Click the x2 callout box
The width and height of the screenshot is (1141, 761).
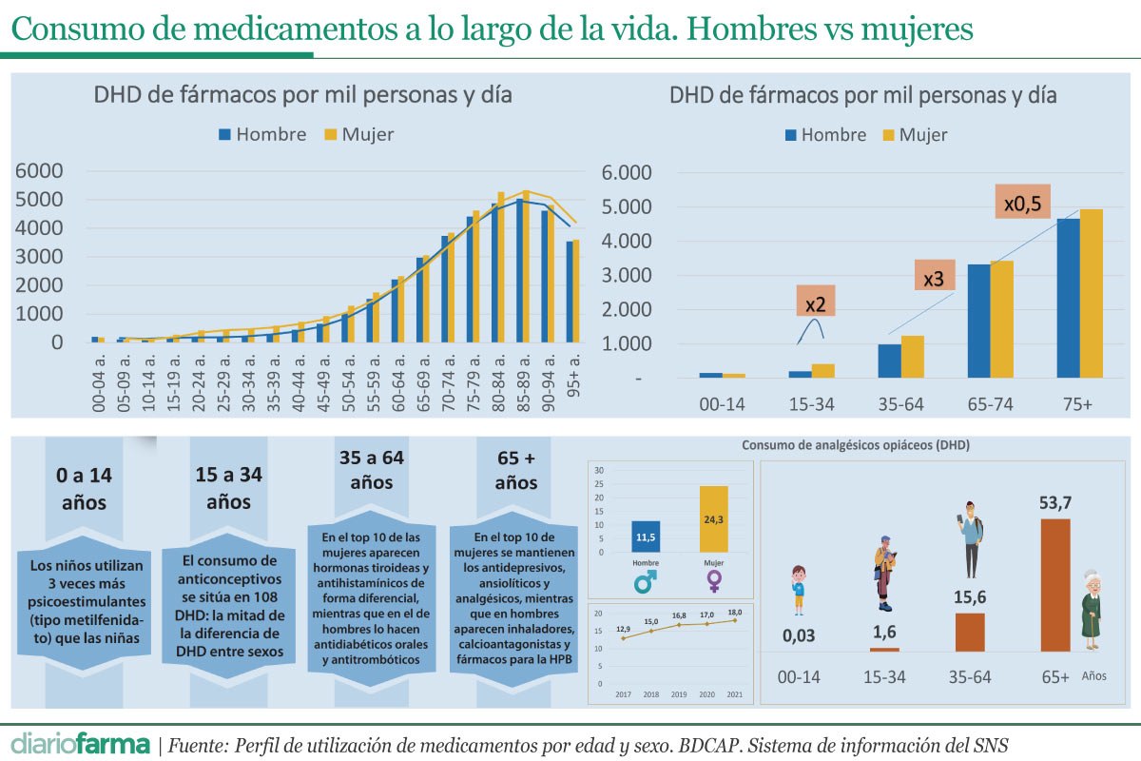[815, 301]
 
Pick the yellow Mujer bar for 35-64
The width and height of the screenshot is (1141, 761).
[912, 356]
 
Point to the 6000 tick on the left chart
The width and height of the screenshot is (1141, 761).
[39, 171]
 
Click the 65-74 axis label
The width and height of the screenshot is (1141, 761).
[990, 404]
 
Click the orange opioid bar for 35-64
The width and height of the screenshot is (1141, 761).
[970, 632]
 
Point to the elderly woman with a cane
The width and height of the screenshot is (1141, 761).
[1092, 609]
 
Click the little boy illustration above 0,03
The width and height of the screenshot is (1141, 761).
[798, 590]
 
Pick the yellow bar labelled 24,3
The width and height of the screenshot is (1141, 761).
[713, 518]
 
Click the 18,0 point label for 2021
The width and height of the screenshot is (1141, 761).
[734, 613]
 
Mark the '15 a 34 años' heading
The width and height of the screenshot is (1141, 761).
[228, 487]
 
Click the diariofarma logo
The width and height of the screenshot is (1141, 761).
[81, 743]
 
